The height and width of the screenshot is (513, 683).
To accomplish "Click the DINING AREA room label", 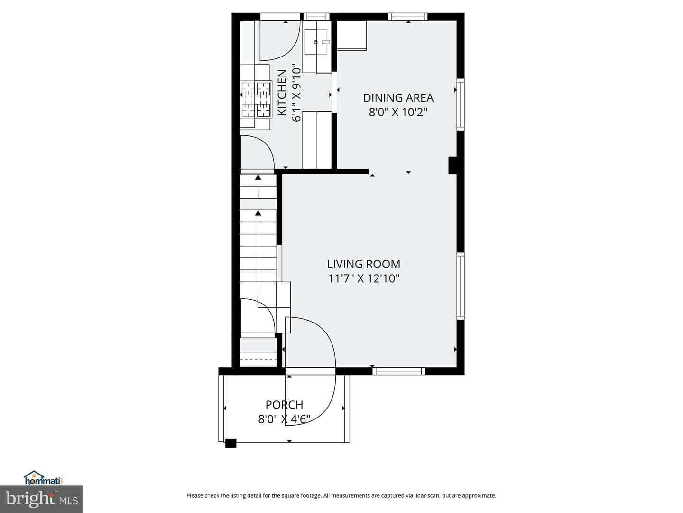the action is [398, 98].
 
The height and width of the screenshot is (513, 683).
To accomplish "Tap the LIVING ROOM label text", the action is [363, 264].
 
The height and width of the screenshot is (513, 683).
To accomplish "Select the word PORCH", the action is [284, 405].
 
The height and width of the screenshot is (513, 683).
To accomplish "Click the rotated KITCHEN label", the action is [282, 93].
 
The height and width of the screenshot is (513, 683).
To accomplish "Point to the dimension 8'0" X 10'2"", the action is [398, 112].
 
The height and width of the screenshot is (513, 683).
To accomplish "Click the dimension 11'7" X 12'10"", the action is [363, 278].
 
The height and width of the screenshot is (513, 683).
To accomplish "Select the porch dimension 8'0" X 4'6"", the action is [284, 419].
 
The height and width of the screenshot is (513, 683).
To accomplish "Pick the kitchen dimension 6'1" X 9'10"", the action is [296, 93].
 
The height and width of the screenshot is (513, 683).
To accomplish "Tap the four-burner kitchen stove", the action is [256, 99].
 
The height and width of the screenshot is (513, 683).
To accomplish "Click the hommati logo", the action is [44, 477].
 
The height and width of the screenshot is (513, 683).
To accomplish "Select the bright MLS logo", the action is [41, 499].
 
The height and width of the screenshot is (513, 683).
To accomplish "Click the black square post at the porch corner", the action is [231, 443].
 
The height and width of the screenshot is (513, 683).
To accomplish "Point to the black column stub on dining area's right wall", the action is [452, 165].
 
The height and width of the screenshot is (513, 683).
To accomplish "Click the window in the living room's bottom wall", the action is [398, 371].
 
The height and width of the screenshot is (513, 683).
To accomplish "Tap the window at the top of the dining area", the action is [407, 17].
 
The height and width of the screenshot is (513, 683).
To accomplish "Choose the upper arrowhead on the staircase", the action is [258, 177].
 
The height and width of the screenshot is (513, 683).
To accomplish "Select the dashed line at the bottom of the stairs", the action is [258, 360].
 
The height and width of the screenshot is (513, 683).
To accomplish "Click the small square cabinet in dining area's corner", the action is [351, 36].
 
